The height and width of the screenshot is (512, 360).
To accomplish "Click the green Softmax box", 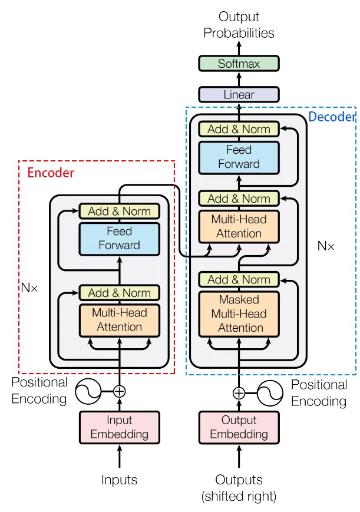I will click(x=239, y=63).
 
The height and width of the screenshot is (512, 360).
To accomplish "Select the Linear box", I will click(x=239, y=94).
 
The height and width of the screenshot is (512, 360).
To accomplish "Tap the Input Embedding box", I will click(x=120, y=428).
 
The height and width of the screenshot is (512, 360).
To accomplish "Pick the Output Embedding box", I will click(x=239, y=428).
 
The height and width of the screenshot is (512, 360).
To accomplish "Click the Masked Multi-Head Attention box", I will click(x=239, y=313).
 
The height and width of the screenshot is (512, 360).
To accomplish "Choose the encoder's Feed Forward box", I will click(x=120, y=237).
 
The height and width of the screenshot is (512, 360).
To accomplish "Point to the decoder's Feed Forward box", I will click(x=239, y=157).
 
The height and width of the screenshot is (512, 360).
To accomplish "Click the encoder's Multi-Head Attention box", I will click(x=120, y=320).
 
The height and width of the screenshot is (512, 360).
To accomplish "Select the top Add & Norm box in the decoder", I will click(x=239, y=129).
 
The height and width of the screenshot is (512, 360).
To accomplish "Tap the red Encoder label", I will click(x=51, y=173).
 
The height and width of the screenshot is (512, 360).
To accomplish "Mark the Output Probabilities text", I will click(x=239, y=25).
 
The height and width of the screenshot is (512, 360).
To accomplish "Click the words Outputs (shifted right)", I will click(x=239, y=488).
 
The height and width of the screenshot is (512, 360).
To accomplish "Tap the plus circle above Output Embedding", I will click(x=239, y=393).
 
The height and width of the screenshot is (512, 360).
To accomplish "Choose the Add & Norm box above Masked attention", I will click(x=239, y=279).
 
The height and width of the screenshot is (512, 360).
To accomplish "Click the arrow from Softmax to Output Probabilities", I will click(x=239, y=47).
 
